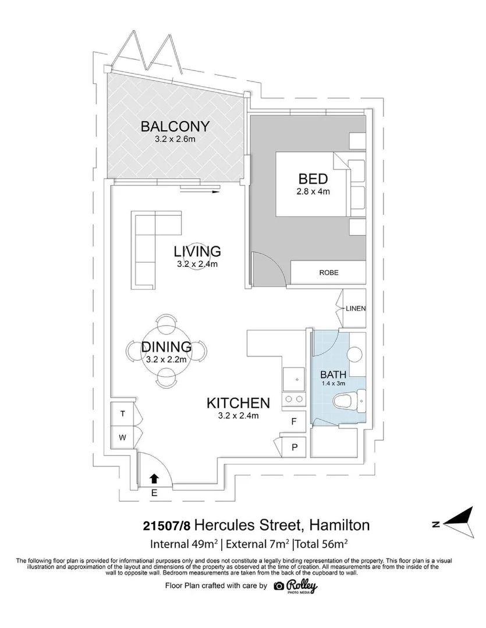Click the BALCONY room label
[x=174, y=126]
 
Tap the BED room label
[x=313, y=179]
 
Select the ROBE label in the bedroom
[x=328, y=273]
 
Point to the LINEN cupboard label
[x=356, y=308]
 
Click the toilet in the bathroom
[x=347, y=401]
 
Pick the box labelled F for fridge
[x=294, y=421]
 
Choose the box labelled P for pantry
[x=294, y=448]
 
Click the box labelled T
[x=123, y=414]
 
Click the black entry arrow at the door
[x=155, y=479]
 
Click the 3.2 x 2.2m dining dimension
[x=166, y=359]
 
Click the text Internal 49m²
[x=184, y=545]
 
